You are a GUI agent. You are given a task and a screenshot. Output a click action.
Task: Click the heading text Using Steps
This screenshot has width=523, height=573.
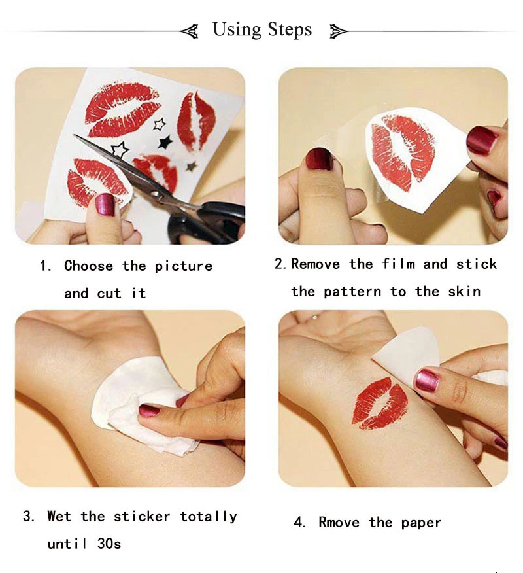click(x=262, y=29)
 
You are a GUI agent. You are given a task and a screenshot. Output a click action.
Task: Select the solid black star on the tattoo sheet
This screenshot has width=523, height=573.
click(x=165, y=141)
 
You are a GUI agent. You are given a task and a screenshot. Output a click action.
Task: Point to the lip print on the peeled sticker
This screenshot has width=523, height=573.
click(x=402, y=152)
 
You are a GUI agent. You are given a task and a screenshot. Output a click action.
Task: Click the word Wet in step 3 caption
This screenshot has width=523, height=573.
click(x=59, y=517)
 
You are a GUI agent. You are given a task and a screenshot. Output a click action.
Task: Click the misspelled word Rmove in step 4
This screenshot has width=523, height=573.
click(x=339, y=523)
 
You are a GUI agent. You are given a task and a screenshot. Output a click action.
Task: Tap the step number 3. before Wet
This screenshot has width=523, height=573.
click(x=28, y=517)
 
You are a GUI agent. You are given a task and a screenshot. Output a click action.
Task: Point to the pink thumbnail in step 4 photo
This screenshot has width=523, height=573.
click(x=427, y=379)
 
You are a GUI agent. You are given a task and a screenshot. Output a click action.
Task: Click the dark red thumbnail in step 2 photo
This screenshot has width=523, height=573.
click(x=319, y=159)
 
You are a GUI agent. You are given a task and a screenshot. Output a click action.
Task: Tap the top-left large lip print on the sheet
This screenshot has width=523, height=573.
click(x=122, y=108)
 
